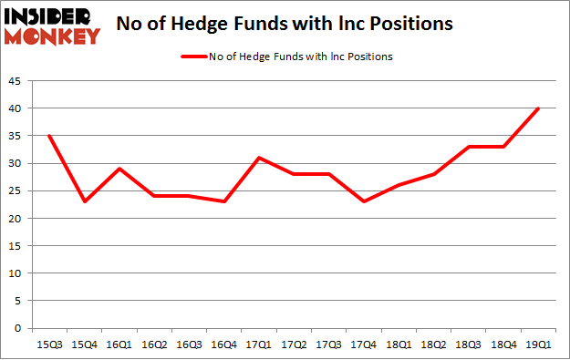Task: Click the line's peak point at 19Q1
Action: [539, 108]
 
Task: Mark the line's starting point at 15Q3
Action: [50, 136]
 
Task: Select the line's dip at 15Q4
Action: [85, 201]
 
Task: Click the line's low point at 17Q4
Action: [364, 201]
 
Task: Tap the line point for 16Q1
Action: [119, 169]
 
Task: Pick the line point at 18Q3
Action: [469, 147]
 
